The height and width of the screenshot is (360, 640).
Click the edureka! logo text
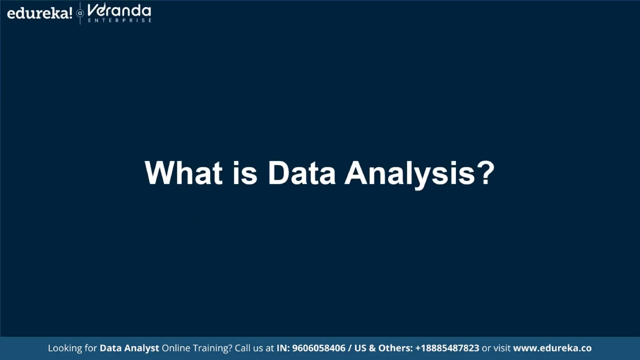pyautogui.click(x=39, y=13)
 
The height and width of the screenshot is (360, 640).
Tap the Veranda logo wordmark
pyautogui.click(x=119, y=11)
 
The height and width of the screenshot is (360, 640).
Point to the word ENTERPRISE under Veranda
pyautogui.click(x=120, y=21)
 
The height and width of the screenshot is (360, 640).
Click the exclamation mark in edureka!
pyautogui.click(x=70, y=13)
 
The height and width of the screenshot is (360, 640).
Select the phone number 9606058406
pyautogui.click(x=318, y=348)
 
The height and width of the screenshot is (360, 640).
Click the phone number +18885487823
pyautogui.click(x=447, y=348)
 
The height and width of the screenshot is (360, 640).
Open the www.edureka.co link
pyautogui.click(x=552, y=348)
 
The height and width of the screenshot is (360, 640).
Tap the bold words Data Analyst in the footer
pyautogui.click(x=129, y=348)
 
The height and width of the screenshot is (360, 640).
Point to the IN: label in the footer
pyautogui.click(x=283, y=348)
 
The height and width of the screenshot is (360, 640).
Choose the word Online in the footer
pyautogui.click(x=176, y=348)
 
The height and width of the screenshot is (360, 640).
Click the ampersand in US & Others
pyautogui.click(x=372, y=348)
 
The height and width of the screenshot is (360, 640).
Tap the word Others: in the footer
pyautogui.click(x=395, y=348)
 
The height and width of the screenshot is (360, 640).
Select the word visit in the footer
pyautogui.click(x=502, y=348)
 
